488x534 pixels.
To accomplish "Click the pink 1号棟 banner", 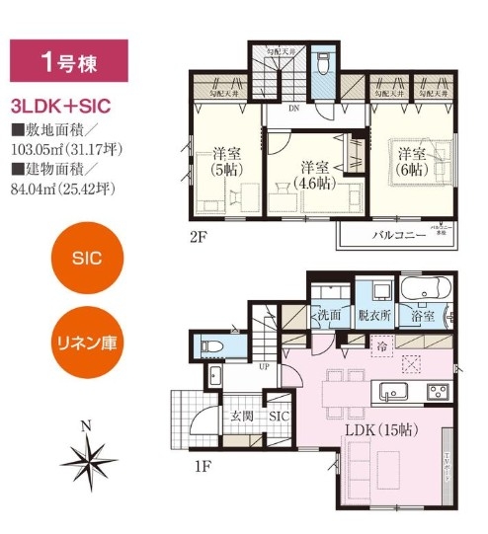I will point(69,61).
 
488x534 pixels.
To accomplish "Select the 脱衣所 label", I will point(374,316).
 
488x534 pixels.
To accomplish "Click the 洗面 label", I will point(329,316).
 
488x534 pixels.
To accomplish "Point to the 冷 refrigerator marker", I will point(380,345).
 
